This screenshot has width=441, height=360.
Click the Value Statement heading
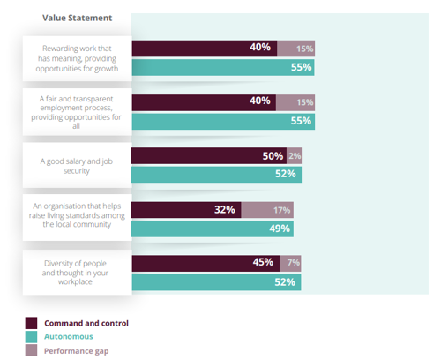76,17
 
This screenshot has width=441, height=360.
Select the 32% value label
225,210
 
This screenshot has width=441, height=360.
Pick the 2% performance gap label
295,156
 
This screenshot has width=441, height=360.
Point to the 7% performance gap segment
293,263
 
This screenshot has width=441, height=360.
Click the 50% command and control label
273,156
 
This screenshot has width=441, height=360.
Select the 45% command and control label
262,263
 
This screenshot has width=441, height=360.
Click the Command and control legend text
86,323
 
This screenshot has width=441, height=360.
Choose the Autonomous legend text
69,337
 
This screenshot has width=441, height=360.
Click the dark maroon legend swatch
31,323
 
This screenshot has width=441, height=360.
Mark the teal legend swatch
31,337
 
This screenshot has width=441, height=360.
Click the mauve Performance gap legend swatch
31,351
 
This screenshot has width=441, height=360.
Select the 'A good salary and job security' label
77,166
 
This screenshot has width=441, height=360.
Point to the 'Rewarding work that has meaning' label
77,58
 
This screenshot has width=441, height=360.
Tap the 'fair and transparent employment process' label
77,111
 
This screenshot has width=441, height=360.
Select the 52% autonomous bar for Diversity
215,282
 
